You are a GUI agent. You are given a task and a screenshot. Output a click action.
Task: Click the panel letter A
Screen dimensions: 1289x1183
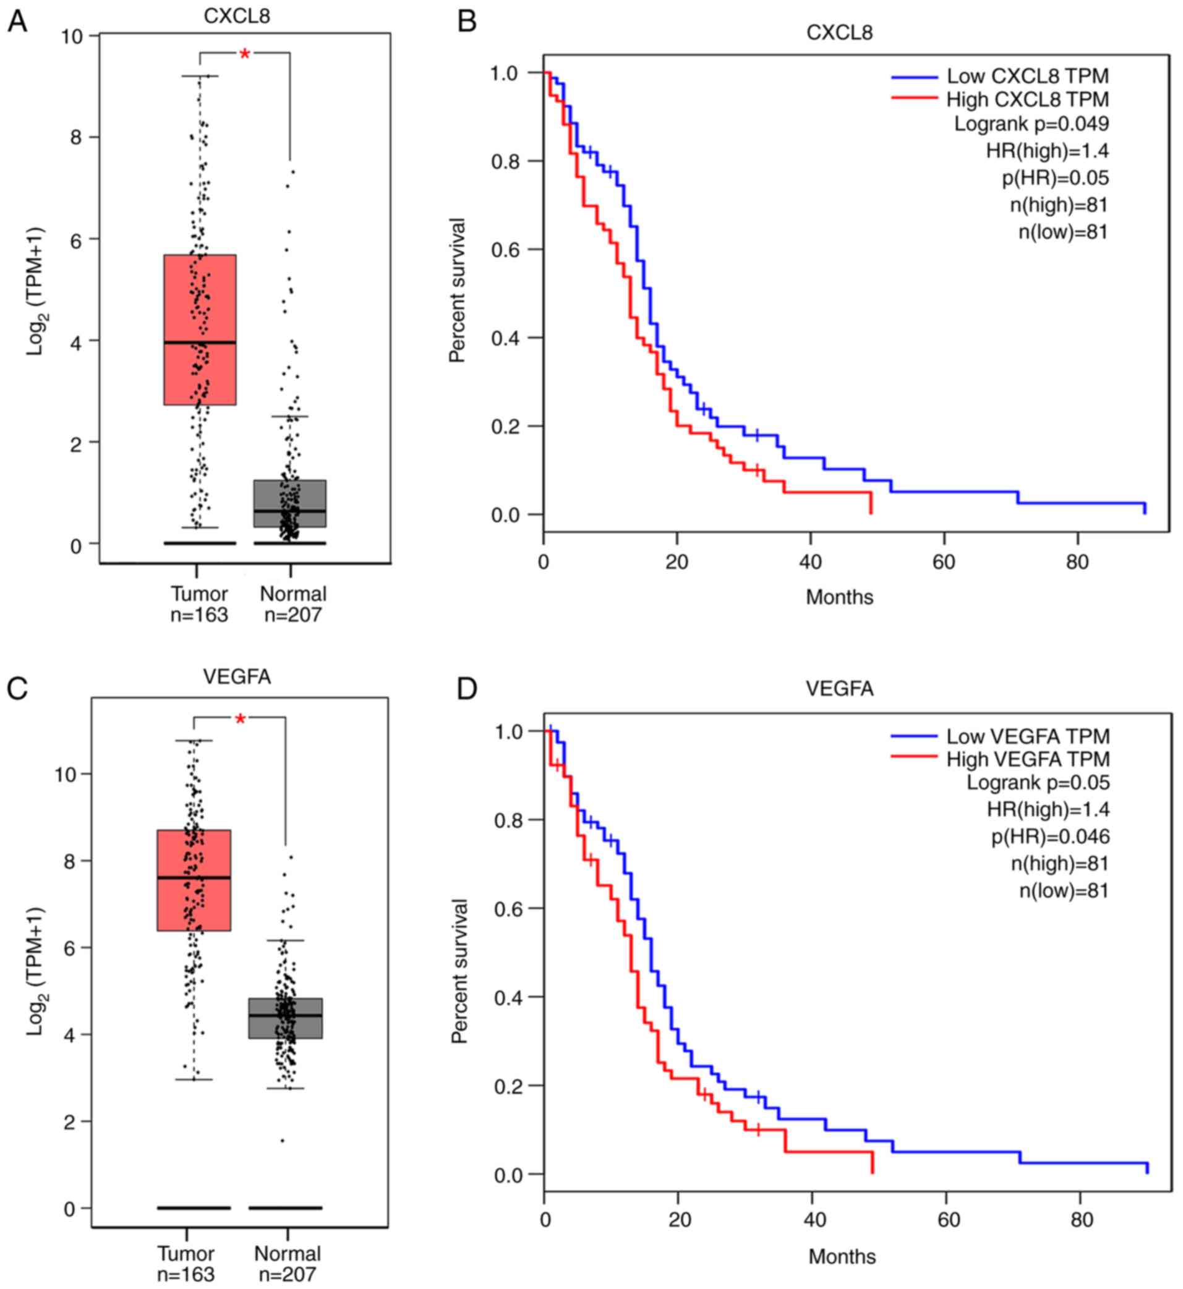(x=17, y=22)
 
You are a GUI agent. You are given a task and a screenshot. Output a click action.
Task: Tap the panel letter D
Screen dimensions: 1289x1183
(x=467, y=689)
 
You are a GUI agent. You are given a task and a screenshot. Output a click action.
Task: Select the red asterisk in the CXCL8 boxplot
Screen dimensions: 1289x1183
(x=244, y=54)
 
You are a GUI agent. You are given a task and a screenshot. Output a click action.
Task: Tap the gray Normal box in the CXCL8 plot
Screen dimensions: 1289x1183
(x=290, y=503)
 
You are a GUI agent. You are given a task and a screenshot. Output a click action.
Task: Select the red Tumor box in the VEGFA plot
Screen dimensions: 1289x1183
(x=194, y=880)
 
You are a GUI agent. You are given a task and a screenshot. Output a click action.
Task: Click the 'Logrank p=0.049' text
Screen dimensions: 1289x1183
(x=1031, y=124)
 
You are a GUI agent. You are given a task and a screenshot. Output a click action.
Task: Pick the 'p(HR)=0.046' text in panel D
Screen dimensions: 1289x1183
(x=1051, y=836)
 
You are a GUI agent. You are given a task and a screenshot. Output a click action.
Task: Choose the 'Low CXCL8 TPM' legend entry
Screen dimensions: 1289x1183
(x=1027, y=76)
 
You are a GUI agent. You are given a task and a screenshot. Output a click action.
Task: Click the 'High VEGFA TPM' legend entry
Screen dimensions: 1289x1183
(x=1027, y=759)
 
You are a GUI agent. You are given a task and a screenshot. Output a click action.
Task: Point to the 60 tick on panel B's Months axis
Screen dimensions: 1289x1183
(x=944, y=563)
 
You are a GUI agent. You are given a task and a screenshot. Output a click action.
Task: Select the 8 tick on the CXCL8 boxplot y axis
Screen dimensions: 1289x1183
(x=76, y=137)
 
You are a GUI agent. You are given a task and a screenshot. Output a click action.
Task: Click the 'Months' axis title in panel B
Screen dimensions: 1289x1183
(x=839, y=597)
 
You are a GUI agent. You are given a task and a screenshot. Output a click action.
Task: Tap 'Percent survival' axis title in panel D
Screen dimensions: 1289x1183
(x=459, y=970)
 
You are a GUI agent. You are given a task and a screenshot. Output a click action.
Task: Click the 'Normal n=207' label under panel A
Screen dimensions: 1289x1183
(x=293, y=604)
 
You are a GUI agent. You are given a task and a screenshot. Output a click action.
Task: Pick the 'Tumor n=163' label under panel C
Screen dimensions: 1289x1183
(x=186, y=1264)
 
